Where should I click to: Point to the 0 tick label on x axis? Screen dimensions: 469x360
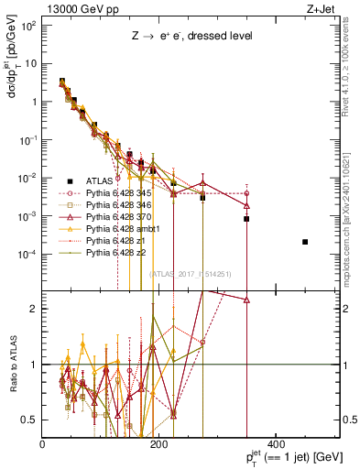[x=42, y=444]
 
